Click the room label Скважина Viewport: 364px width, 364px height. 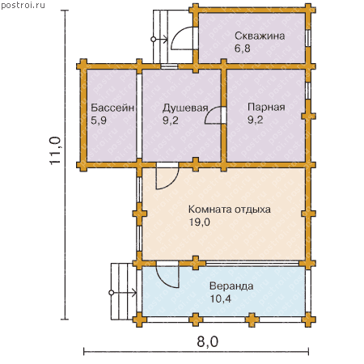click(x=260, y=36)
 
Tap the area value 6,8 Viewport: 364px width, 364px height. click(x=243, y=49)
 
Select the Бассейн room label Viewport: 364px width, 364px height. click(x=112, y=108)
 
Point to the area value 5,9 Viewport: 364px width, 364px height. click(x=99, y=121)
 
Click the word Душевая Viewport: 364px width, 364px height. click(x=185, y=108)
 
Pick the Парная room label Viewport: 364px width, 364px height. click(x=266, y=107)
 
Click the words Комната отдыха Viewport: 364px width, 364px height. click(x=230, y=210)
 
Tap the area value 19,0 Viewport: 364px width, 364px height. click(x=199, y=222)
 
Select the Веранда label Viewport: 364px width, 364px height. click(x=231, y=286)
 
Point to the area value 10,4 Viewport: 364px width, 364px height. click(x=221, y=298)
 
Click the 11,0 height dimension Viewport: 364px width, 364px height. click(x=55, y=150)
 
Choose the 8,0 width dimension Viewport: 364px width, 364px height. click(x=207, y=342)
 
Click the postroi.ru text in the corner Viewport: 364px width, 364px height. click(x=23, y=6)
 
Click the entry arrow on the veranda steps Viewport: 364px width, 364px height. click(x=123, y=293)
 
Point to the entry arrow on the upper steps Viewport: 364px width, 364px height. click(x=159, y=40)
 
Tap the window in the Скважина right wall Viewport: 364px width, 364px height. click(x=308, y=38)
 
